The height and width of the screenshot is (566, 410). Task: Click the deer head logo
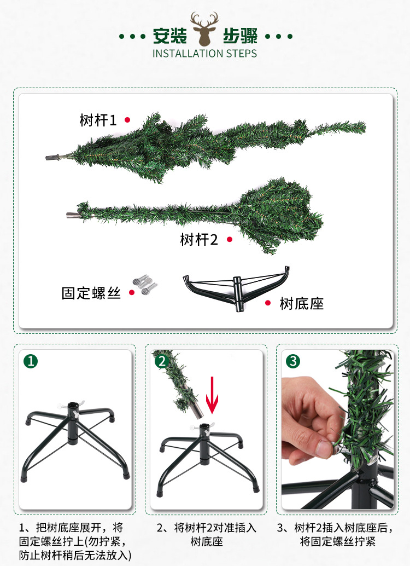[x=204, y=29]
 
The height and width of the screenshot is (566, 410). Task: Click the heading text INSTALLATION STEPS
[x=204, y=54]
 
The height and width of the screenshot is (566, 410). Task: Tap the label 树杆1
[x=98, y=120]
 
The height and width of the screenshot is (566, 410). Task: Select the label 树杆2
[x=199, y=239]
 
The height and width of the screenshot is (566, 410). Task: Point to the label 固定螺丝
[x=91, y=293]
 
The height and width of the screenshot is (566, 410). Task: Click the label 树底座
[x=301, y=304]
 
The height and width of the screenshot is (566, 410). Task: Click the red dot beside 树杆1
[x=127, y=120]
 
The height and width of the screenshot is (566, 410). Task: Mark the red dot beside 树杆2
[x=230, y=239]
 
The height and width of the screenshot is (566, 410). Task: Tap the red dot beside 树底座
[x=268, y=303]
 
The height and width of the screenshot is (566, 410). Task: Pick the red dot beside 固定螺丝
[x=132, y=292]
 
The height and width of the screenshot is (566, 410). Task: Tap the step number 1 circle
[x=31, y=361]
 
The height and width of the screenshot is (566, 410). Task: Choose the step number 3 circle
[x=293, y=361]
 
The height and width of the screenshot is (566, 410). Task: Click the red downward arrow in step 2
[x=212, y=395]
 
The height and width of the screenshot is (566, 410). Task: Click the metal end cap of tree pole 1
[x=52, y=158]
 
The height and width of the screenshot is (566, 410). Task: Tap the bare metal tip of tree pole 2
[x=72, y=215]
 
